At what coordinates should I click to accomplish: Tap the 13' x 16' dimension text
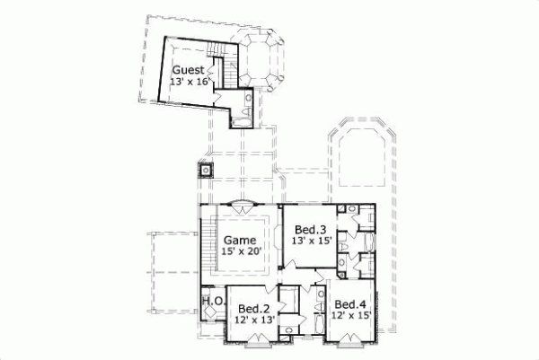[190, 82]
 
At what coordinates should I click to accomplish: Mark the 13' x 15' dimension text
[310, 241]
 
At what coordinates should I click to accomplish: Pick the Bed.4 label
[349, 304]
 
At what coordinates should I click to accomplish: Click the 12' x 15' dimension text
[349, 317]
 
